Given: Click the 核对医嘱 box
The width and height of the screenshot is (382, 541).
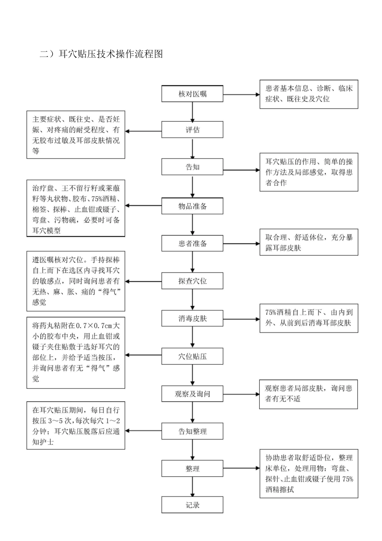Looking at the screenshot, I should pyautogui.click(x=192, y=94).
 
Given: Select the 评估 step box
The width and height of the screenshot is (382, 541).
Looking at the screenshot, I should pyautogui.click(x=192, y=130).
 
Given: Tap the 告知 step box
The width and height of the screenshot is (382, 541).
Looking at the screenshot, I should pyautogui.click(x=192, y=167).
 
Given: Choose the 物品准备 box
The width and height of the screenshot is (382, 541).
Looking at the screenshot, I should pyautogui.click(x=192, y=206).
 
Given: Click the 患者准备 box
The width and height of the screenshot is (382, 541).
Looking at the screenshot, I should pyautogui.click(x=192, y=244).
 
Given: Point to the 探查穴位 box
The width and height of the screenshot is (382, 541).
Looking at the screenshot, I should pyautogui.click(x=192, y=281).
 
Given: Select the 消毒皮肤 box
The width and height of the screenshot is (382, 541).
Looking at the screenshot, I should pyautogui.click(x=192, y=318).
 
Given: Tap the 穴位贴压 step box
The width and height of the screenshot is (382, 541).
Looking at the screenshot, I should pyautogui.click(x=192, y=356).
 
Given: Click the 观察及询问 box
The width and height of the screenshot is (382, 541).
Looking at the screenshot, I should pyautogui.click(x=192, y=394).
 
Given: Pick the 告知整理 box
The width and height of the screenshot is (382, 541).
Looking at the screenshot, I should pyautogui.click(x=192, y=431).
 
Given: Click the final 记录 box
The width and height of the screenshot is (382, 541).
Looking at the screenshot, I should pyautogui.click(x=192, y=505).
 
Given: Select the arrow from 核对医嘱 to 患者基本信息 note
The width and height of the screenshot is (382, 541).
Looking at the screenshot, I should pyautogui.click(x=241, y=95).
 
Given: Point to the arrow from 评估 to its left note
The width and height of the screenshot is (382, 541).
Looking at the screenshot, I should pyautogui.click(x=143, y=131).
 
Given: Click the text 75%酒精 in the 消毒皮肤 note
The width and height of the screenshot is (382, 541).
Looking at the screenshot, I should pyautogui.click(x=277, y=312).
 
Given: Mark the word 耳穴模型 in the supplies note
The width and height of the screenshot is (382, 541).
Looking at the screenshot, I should pyautogui.click(x=47, y=231).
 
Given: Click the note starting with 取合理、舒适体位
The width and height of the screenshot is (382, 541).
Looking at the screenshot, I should pyautogui.click(x=309, y=243).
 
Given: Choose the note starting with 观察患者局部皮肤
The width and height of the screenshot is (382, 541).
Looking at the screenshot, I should pyautogui.click(x=308, y=394).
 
